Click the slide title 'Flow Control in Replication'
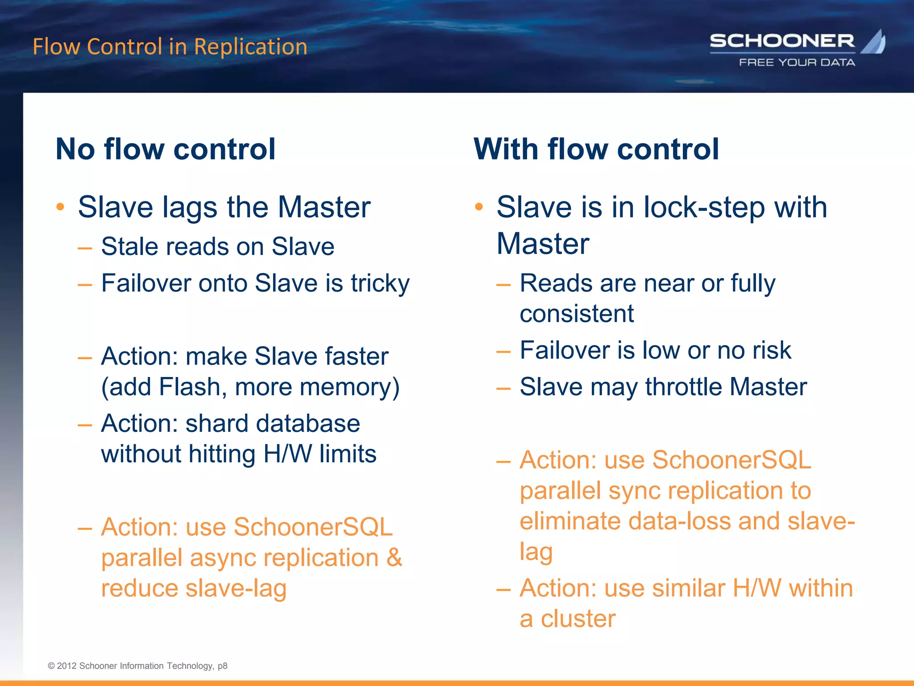coord(170,47)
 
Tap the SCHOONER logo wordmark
coord(782,41)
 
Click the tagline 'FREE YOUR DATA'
coord(797,63)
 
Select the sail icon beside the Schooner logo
coord(874,42)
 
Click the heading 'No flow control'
coord(166,149)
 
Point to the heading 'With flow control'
coord(596,149)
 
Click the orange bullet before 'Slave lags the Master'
coord(61,207)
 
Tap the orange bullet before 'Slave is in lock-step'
coord(479,207)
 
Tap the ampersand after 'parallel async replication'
coord(394,558)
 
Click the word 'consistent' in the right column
coord(577,314)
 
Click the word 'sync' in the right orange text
coord(634,491)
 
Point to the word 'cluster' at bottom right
coord(578,619)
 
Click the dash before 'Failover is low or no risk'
coord(503,351)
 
